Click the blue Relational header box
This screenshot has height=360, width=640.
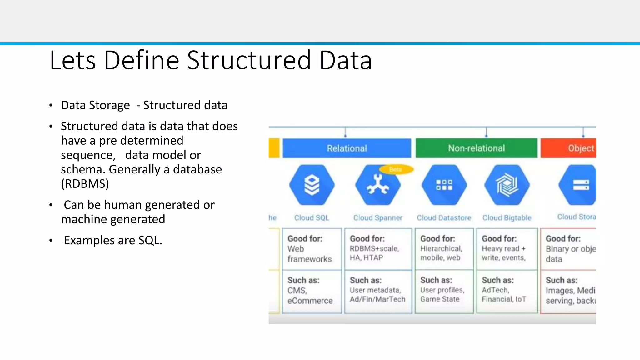(347, 148)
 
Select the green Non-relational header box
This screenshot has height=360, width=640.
(476, 148)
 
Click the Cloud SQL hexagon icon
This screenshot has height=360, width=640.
(312, 185)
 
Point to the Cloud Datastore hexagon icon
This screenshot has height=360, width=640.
(444, 185)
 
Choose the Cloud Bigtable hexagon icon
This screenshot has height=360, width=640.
(507, 185)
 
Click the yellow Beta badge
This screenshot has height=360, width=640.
(396, 169)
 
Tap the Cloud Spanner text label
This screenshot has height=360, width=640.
(378, 218)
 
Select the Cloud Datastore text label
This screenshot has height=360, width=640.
(444, 218)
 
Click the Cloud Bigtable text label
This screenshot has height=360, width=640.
(507, 218)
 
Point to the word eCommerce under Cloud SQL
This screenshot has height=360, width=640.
(310, 301)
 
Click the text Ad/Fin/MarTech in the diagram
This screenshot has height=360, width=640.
(377, 299)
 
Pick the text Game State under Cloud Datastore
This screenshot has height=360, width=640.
(440, 299)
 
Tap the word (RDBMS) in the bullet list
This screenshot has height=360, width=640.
(85, 184)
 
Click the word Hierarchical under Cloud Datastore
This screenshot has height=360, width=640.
(441, 249)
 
